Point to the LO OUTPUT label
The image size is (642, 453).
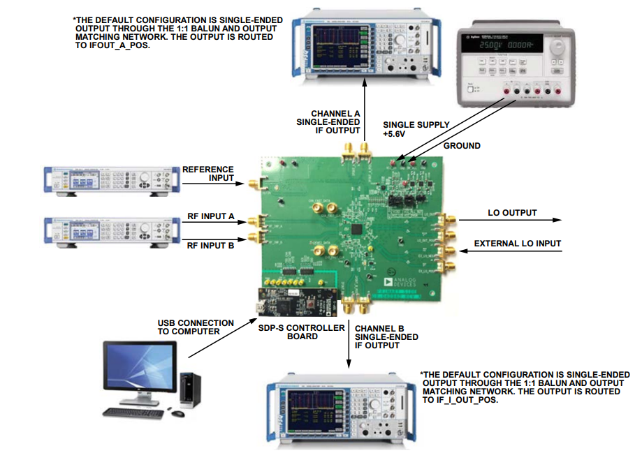click(512, 212)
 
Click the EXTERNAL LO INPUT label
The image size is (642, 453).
click(517, 244)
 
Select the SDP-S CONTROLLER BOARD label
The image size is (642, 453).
click(316, 332)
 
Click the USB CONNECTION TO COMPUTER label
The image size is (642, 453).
click(196, 327)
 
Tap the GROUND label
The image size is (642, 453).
click(462, 146)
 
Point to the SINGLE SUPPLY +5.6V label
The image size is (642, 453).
click(416, 129)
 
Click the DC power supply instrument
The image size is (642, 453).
click(516, 64)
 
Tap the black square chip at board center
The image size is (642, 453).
click(358, 229)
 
